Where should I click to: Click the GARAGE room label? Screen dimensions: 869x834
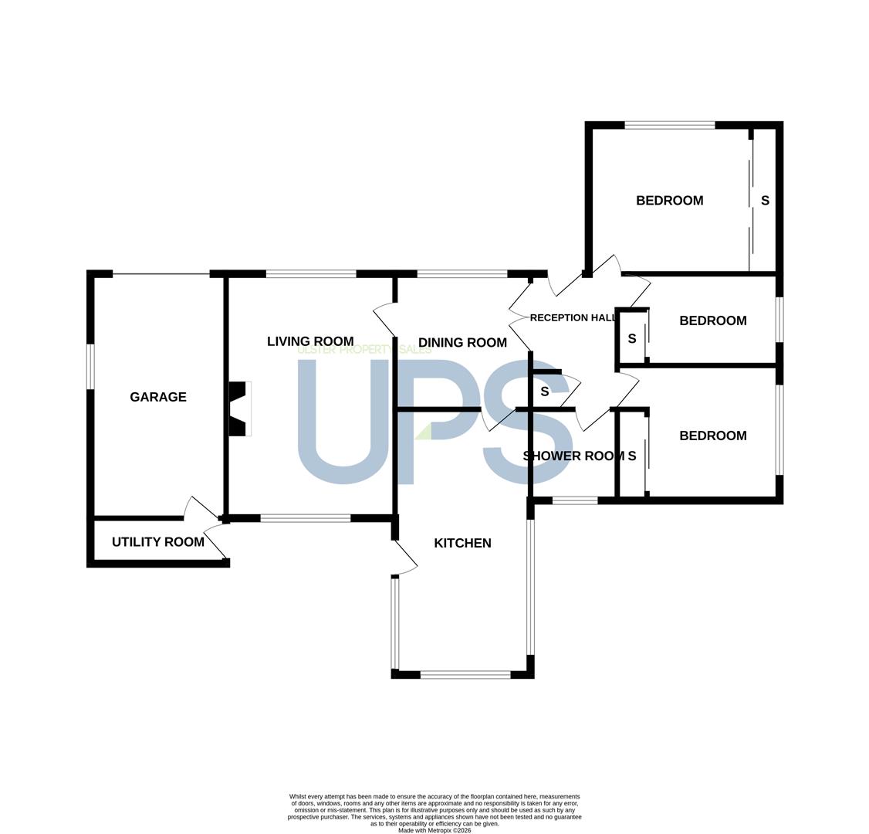tap(158, 397)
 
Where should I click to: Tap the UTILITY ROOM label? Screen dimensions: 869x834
tap(158, 542)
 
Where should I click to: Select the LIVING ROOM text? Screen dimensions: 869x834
tap(310, 341)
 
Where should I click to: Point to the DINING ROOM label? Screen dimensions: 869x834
tap(462, 343)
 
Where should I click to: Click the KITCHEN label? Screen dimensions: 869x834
tap(462, 543)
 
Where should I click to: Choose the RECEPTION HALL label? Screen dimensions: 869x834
tap(573, 317)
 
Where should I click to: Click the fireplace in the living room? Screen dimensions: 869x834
tap(241, 409)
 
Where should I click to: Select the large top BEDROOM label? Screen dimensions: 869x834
tap(669, 200)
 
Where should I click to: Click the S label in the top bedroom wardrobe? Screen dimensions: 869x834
tap(765, 200)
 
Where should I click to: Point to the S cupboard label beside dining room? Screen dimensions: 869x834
tap(544, 392)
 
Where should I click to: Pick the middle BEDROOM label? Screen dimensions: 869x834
tap(712, 320)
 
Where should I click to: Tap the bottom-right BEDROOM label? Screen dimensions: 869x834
tap(712, 436)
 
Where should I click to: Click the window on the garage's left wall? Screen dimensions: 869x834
tap(91, 367)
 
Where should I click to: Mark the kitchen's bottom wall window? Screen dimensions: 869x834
tap(465, 674)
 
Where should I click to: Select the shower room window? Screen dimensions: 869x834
tap(575, 500)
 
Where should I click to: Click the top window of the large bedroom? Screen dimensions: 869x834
tap(669, 125)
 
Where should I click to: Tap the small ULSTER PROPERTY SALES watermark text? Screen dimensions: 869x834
tap(364, 350)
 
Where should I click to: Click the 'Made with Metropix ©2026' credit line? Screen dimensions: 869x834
tap(434, 831)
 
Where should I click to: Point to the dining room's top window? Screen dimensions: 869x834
tap(462, 273)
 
